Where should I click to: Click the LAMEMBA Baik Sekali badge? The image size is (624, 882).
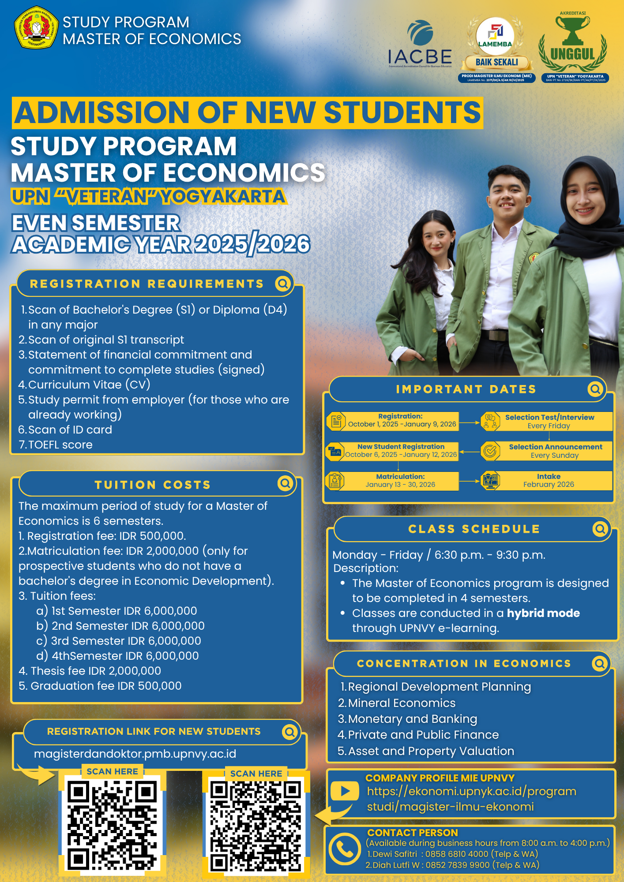pos(496,46)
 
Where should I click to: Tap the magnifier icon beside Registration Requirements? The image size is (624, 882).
pos(283,284)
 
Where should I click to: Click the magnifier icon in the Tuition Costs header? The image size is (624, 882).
pos(286,484)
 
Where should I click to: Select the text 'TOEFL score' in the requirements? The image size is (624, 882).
pos(60,445)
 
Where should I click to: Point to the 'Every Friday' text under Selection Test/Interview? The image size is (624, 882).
pos(549,426)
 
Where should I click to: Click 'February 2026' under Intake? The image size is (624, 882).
pos(549,484)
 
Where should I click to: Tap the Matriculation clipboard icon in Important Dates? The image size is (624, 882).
pos(335,481)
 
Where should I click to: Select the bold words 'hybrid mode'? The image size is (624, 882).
pos(543,613)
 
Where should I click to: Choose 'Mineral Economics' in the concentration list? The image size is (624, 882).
pos(402,703)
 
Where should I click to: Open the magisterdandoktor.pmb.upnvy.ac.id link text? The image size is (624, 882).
pos(135,754)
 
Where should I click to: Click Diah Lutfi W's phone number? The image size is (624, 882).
pos(458,865)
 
